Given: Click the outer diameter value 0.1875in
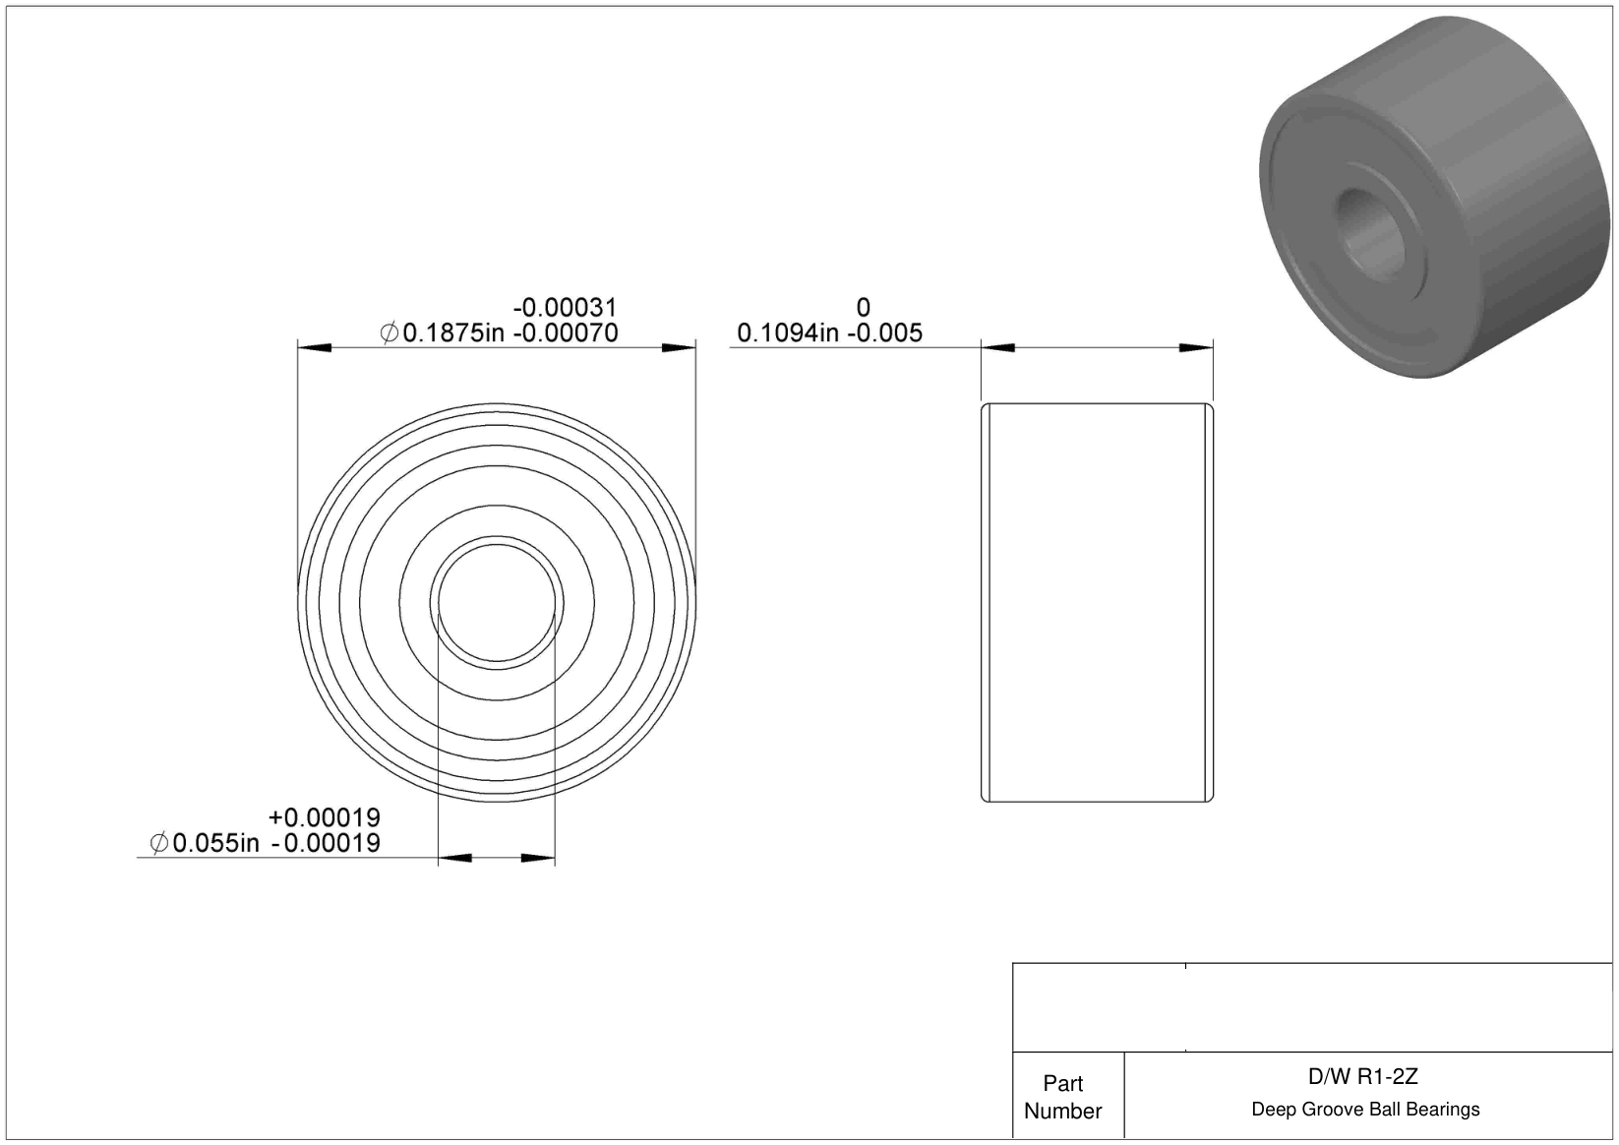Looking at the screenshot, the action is pos(453,333).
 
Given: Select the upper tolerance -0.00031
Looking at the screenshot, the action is pos(566,308).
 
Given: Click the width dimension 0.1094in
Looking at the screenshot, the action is pos(788,333).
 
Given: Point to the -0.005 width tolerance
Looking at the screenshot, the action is pos(885,333).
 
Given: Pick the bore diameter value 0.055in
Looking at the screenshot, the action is pos(215,843).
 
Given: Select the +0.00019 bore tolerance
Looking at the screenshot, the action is pos(325,817).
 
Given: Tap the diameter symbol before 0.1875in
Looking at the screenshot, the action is pos(389,333).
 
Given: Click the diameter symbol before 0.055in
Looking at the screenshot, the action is pos(159,843).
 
